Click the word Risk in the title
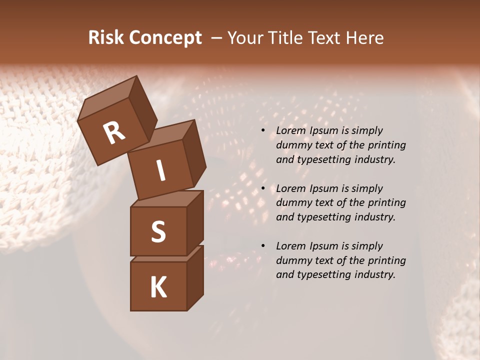pyautogui.click(x=105, y=38)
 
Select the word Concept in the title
pyautogui.click(x=164, y=38)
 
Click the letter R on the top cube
pyautogui.click(x=114, y=133)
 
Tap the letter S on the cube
pyautogui.click(x=158, y=231)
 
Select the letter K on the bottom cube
pyautogui.click(x=158, y=287)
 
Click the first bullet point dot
pyautogui.click(x=263, y=131)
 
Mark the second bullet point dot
pyautogui.click(x=263, y=189)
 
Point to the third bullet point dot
pyautogui.click(x=263, y=246)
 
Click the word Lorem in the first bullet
pyautogui.click(x=291, y=131)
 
